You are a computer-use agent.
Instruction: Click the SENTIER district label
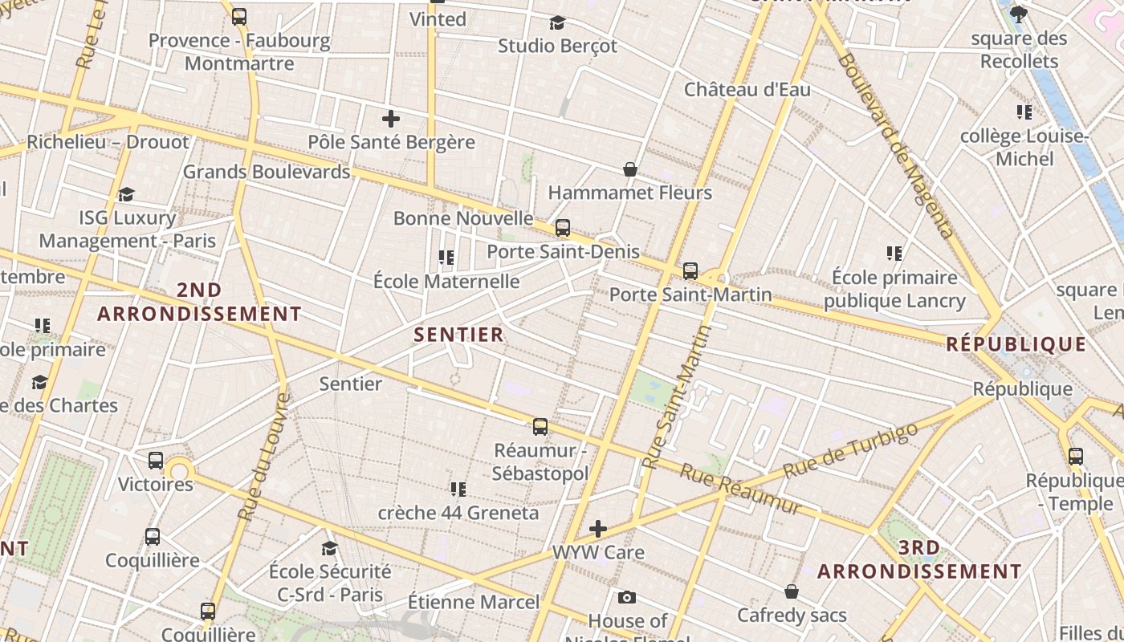click(x=458, y=335)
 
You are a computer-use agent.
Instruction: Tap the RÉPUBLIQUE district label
click(x=1016, y=344)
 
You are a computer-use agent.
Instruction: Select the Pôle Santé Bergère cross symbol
click(x=391, y=120)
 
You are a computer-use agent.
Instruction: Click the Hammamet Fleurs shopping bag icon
click(x=630, y=169)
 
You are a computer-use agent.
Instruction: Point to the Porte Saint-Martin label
click(x=690, y=295)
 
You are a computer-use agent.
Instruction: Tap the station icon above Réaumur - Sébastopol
click(x=540, y=426)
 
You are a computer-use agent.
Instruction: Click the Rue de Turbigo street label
click(x=850, y=450)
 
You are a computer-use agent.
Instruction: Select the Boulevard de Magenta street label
click(x=896, y=144)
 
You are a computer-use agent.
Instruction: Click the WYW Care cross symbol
click(x=598, y=529)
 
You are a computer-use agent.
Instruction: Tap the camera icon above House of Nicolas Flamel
click(x=627, y=597)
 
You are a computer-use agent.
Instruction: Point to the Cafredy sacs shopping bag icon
click(x=792, y=591)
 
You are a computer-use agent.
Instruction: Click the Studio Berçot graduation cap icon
click(x=557, y=22)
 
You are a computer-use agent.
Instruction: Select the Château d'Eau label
click(x=747, y=89)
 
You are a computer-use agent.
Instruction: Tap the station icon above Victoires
click(x=156, y=461)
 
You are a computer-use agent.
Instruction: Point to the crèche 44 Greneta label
click(x=458, y=512)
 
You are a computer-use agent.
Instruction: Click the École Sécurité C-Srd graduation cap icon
click(x=329, y=548)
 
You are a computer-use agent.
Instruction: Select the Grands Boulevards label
click(x=267, y=172)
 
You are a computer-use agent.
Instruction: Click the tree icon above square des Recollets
click(x=1019, y=14)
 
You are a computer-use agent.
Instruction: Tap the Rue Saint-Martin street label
click(x=678, y=396)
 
